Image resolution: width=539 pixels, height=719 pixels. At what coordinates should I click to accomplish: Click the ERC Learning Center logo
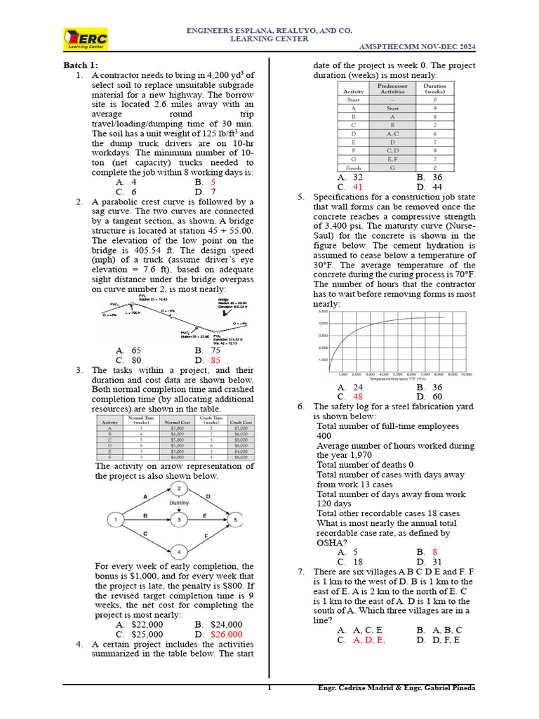[x=86, y=39]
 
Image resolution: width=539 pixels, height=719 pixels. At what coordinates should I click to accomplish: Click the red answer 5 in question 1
[x=213, y=182]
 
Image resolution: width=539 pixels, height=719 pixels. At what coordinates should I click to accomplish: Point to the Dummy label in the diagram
[x=178, y=503]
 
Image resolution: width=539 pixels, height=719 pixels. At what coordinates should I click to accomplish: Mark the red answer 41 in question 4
[x=358, y=187]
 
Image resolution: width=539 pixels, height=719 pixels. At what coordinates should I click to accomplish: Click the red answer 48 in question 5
[x=358, y=397]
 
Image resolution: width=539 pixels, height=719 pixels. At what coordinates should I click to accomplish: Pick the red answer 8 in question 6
[x=434, y=553]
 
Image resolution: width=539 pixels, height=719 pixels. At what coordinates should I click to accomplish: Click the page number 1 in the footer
[x=269, y=689]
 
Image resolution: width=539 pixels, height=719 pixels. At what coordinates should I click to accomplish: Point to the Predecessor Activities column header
[x=392, y=88]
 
